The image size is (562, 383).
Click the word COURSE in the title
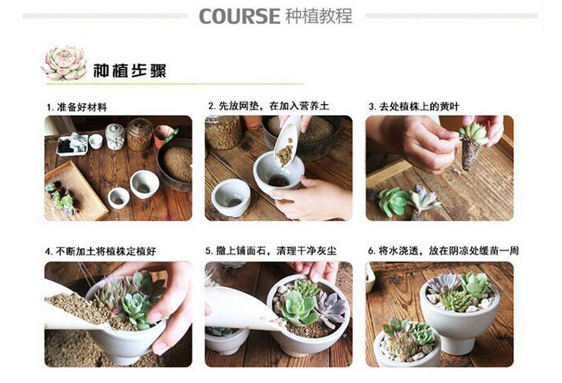coord(239,16)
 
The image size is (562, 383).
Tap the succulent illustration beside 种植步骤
coord(64,63)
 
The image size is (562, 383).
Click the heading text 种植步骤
coord(130,70)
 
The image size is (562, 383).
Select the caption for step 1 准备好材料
coord(76,107)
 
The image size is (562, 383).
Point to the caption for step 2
coord(269,106)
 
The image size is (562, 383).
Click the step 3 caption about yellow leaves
coord(414,106)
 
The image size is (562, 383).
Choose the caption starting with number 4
coord(100,251)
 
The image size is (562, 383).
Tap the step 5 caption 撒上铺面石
coord(271,250)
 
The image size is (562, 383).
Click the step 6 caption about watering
coord(444,250)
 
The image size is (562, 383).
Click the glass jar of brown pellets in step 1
coord(140,134)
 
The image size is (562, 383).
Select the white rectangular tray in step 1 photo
coord(73,145)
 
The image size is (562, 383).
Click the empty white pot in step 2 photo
coord(231,197)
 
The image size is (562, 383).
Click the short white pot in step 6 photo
coord(408,344)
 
